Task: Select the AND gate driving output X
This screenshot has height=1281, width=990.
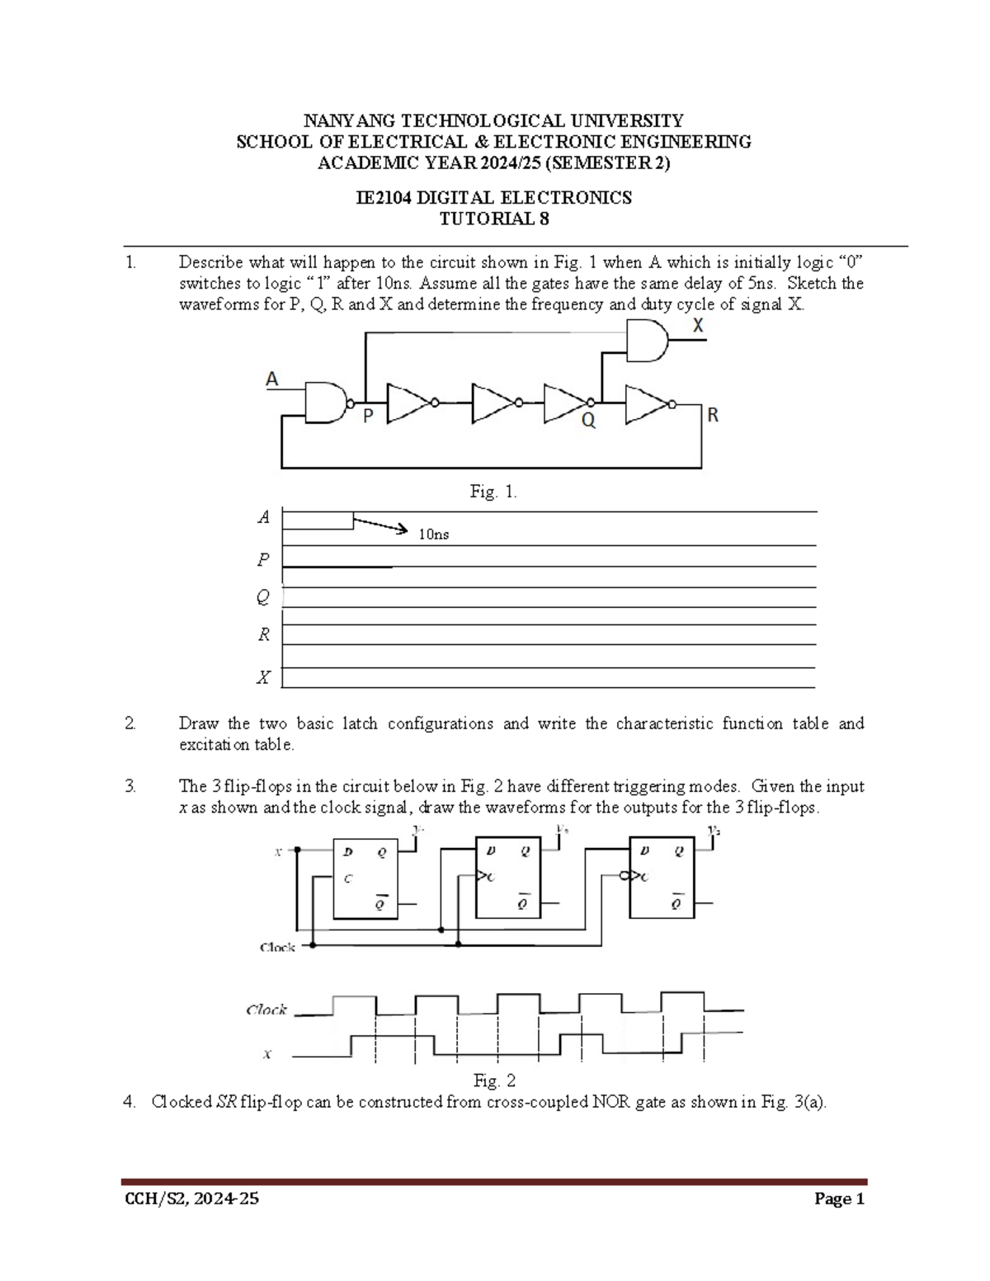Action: [648, 341]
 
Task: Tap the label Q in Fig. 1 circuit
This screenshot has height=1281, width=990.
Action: [588, 421]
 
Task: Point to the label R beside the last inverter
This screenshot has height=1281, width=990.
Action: [713, 416]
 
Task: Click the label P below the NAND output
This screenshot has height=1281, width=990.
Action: [368, 417]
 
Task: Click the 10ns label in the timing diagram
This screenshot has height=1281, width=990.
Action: [433, 535]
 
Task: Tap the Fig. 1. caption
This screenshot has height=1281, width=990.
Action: [493, 492]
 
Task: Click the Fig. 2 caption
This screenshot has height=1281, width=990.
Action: [494, 1081]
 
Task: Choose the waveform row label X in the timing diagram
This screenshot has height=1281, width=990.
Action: [263, 678]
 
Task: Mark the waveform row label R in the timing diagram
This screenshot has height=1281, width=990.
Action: [264, 634]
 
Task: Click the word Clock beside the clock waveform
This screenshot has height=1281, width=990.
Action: [266, 1010]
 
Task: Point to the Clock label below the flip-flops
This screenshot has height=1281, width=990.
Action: [277, 947]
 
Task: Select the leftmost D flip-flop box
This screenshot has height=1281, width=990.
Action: [365, 878]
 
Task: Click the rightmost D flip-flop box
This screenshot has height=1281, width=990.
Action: [662, 877]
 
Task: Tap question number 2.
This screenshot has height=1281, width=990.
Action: [130, 723]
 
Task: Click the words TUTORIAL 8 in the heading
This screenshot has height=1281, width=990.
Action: [493, 219]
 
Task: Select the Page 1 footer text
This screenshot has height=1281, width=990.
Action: [839, 1199]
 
